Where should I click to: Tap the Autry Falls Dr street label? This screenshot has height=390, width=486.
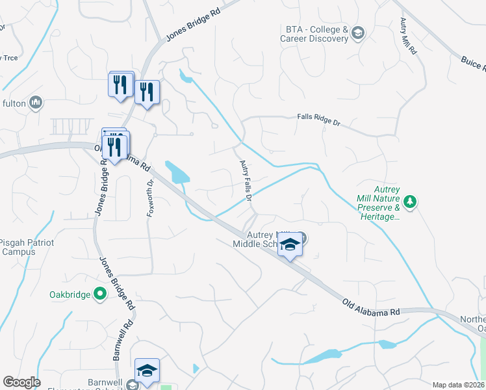246,181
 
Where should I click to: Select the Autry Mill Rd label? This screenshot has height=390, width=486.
408,37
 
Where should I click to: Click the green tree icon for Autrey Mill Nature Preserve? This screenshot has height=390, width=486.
409,201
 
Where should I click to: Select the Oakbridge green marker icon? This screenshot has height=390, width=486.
100,294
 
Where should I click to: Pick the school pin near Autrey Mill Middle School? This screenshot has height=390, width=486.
290,245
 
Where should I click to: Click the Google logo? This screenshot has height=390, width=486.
21,382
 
